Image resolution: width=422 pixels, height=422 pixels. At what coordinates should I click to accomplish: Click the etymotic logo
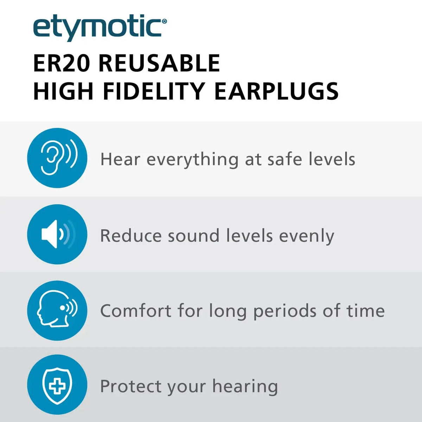coord(98,28)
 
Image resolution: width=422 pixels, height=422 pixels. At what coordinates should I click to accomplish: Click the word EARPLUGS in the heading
coord(276,91)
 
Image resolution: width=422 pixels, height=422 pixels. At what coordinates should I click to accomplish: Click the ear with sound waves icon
coord(57,158)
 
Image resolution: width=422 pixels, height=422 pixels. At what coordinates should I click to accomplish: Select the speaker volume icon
coord(57,234)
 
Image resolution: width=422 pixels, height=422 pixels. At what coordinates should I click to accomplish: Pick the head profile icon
coord(57,310)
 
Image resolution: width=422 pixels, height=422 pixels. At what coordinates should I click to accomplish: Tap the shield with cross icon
coord(57,385)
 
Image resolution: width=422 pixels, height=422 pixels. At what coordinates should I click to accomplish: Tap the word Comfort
coord(136,311)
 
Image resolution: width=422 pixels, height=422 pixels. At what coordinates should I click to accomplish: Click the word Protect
coord(130,386)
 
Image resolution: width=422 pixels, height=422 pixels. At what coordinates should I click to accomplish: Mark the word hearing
coord(245,387)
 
